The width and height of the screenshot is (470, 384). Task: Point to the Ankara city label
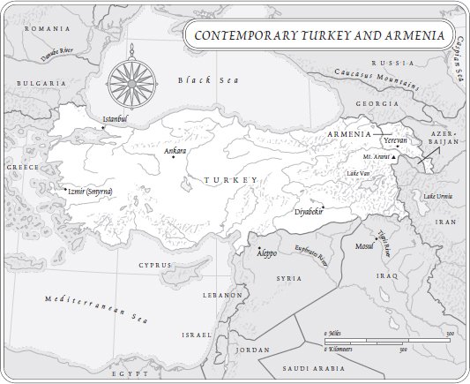[175, 151]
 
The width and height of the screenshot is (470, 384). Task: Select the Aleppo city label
[266, 252]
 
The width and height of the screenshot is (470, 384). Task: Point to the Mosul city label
[363, 247]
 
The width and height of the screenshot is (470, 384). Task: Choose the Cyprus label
[154, 264]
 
